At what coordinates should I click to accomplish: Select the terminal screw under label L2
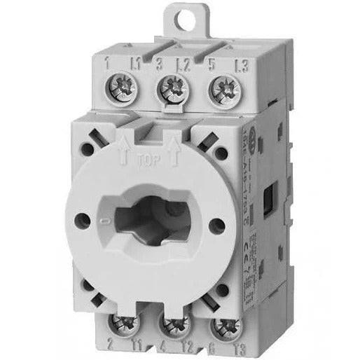172,88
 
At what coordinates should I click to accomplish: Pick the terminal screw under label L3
223,88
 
